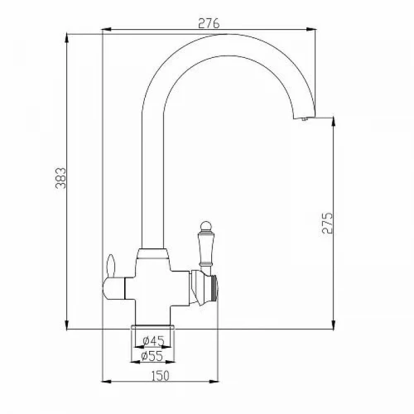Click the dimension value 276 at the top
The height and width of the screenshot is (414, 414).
[209, 23]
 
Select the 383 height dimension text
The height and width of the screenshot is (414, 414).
[61, 178]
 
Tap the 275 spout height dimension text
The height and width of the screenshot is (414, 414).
[328, 224]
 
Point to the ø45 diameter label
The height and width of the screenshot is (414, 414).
[153, 341]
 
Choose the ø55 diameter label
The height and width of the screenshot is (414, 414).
[152, 356]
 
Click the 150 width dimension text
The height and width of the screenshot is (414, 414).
[161, 376]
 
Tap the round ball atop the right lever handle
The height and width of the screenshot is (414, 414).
[205, 226]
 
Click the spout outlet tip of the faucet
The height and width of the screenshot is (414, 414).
[305, 118]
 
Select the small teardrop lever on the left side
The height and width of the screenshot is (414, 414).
[110, 266]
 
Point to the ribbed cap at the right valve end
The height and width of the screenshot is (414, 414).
[214, 287]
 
